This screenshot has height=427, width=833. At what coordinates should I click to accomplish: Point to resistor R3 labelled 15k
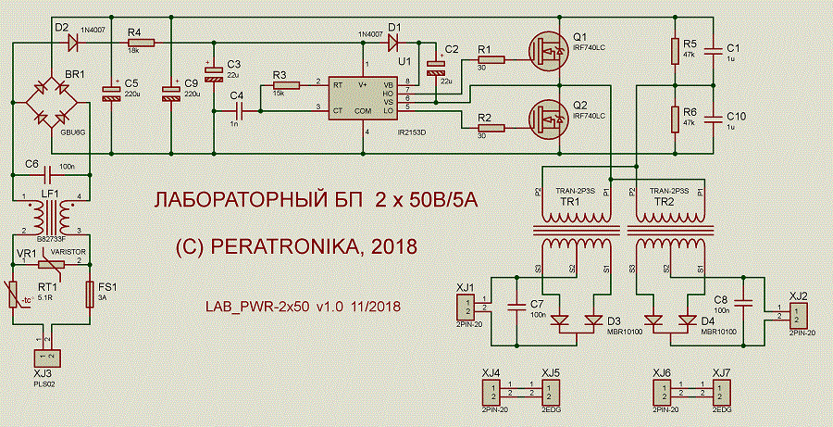[x=286, y=86]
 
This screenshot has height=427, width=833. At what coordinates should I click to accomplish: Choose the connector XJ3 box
[x=46, y=357]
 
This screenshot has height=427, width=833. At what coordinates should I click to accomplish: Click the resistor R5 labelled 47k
[x=677, y=52]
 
